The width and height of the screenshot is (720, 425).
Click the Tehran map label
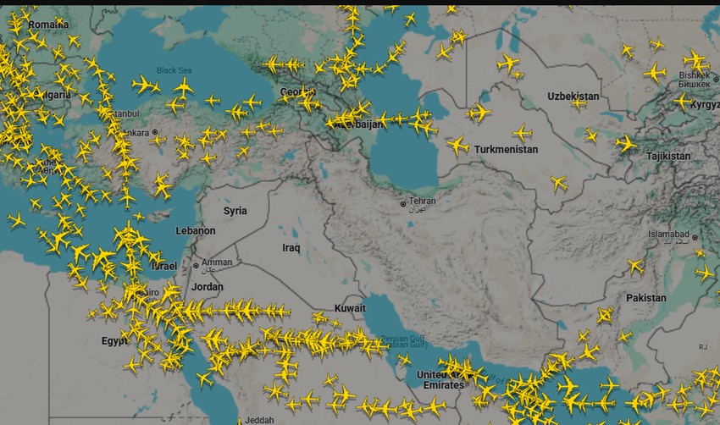click(423, 201)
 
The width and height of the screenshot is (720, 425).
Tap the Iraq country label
click(291, 248)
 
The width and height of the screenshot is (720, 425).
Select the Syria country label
click(235, 210)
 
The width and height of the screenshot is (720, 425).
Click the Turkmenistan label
click(507, 149)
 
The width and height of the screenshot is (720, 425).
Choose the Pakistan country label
click(646, 298)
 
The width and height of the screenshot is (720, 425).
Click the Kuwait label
click(350, 308)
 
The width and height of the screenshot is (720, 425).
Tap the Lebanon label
click(196, 230)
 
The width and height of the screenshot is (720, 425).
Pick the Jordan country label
click(208, 286)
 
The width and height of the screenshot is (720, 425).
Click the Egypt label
click(114, 341)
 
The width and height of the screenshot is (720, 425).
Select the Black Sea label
click(174, 70)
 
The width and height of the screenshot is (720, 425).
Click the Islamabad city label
click(671, 234)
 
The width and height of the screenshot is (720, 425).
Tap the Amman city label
click(217, 262)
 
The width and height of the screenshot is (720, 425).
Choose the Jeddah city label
click(260, 420)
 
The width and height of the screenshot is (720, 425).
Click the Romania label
click(48, 25)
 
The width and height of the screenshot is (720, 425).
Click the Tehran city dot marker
click(403, 204)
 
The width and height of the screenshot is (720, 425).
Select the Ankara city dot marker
click(155, 133)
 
